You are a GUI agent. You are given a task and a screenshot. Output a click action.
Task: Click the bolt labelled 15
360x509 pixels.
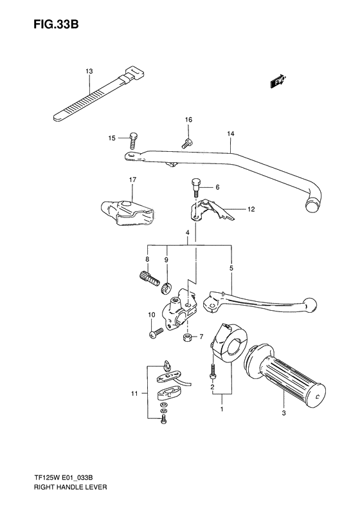pos(133,138)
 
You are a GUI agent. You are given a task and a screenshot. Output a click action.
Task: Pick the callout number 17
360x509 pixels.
pos(132,180)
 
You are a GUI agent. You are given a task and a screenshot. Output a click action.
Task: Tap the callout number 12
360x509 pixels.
pos(251,209)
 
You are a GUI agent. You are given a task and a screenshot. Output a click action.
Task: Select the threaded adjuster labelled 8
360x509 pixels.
pos(148,278)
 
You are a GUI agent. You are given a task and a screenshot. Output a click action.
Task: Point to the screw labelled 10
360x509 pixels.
pos(155,334)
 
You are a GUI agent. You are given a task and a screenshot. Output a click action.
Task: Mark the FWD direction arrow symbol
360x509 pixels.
pos(278,82)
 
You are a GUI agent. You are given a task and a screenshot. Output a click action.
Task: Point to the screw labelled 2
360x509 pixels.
pos(211,371)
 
